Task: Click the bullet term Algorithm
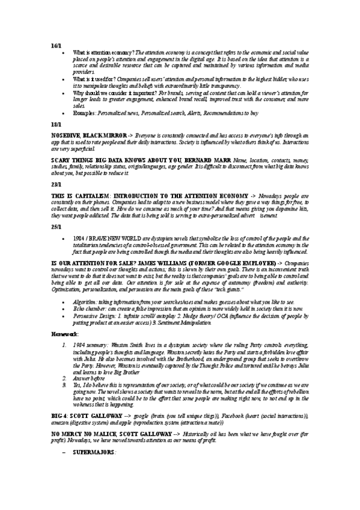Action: tap(85, 301)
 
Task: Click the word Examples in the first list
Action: tap(84, 112)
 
